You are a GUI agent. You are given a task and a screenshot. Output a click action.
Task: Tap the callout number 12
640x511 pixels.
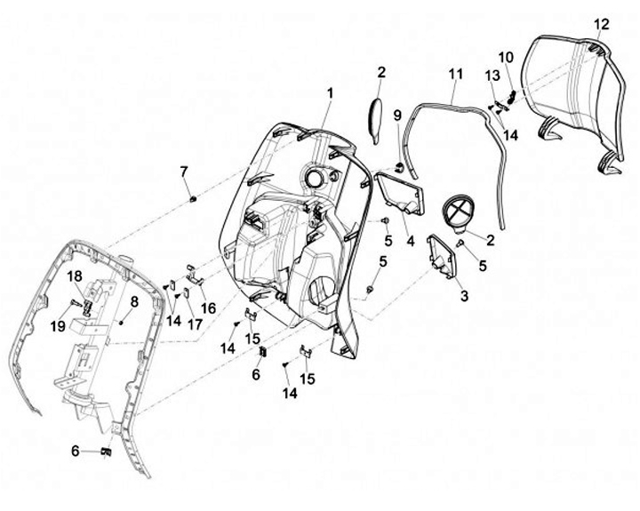(x=602, y=24)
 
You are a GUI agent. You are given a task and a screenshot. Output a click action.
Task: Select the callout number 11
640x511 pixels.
(x=455, y=73)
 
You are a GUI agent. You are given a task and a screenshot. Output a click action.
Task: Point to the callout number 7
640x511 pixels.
(x=184, y=171)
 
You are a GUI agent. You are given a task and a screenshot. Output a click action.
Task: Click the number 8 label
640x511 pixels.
(x=133, y=301)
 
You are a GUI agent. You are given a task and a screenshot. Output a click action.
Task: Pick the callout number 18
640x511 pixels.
(x=76, y=276)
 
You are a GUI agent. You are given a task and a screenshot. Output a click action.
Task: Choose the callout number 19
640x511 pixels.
(x=58, y=326)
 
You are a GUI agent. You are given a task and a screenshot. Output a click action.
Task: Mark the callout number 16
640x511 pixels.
(x=209, y=307)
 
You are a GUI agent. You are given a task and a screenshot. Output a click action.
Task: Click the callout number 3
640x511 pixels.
(x=463, y=296)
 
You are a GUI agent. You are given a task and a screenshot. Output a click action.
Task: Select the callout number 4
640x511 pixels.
(x=410, y=241)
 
